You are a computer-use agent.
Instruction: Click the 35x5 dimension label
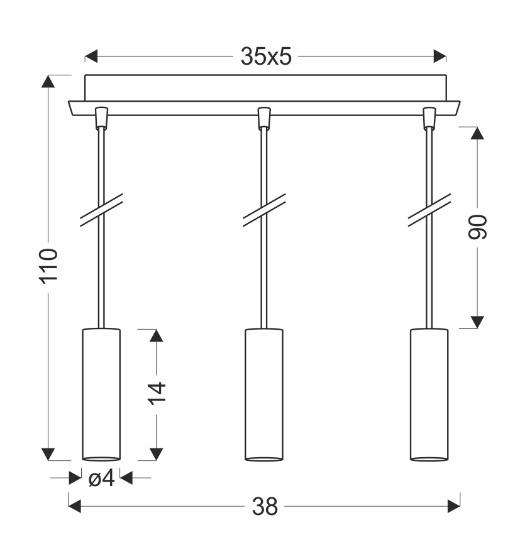click(266, 56)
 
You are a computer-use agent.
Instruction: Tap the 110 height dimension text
click(48, 266)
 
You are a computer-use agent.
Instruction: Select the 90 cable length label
click(477, 227)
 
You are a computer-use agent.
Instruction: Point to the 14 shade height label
click(157, 394)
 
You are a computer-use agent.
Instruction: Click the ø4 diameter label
click(102, 478)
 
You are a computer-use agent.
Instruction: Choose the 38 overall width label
click(265, 507)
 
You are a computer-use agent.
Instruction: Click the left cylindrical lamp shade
click(101, 394)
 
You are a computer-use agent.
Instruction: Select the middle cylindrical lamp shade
click(264, 394)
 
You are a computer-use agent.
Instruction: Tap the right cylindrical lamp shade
click(429, 394)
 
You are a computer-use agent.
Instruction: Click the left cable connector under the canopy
click(101, 117)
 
